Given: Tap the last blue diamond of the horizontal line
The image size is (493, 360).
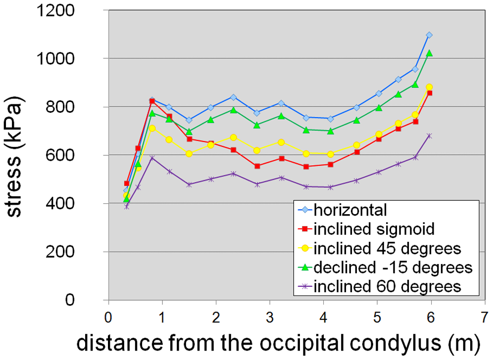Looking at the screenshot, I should coord(429,35).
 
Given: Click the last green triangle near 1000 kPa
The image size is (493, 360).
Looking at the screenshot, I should coord(429,53).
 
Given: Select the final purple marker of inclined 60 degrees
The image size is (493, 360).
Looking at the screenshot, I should coord(429,135).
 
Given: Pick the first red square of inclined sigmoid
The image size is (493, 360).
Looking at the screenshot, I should coord(127,183).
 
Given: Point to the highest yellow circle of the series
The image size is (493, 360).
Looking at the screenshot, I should coord(429,87).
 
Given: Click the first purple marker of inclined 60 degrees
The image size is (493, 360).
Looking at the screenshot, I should coord(127,207).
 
